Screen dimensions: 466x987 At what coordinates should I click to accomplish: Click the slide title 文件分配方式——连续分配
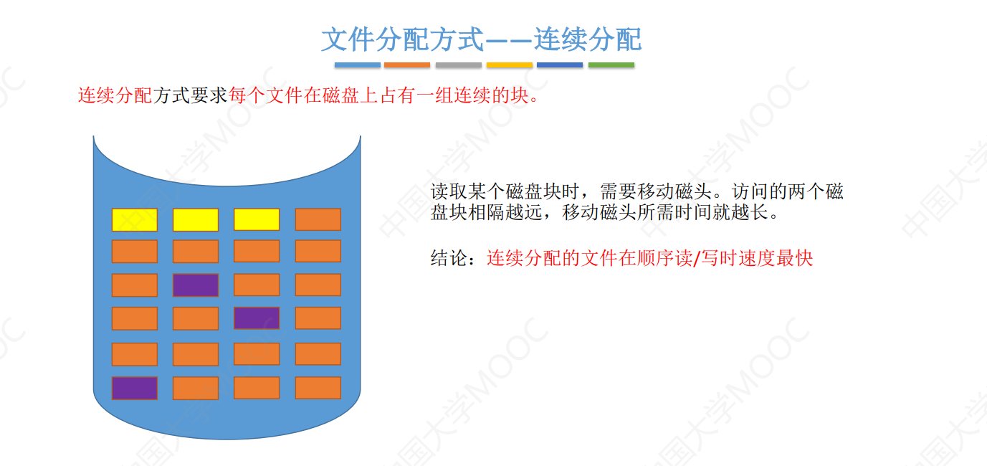(481, 39)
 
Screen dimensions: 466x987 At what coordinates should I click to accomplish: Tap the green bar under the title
(611, 65)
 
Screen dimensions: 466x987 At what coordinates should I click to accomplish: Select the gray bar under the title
(458, 65)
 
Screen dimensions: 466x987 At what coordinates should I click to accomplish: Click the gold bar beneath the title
(509, 65)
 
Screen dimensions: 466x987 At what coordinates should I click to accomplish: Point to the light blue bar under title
(357, 65)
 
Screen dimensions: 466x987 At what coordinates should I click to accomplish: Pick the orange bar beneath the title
(407, 65)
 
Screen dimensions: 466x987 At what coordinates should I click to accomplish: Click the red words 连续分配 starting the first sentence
(115, 95)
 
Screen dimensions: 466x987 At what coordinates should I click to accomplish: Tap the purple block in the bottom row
(134, 388)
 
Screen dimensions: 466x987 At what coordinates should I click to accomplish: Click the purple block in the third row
(196, 285)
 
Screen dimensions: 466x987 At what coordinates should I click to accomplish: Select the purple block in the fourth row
(257, 318)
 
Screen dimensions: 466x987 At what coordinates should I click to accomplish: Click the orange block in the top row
(318, 219)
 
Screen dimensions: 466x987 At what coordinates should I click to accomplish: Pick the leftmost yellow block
(134, 219)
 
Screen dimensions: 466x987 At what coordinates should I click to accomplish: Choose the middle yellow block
(196, 219)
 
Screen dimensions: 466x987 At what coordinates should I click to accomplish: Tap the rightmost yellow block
(257, 219)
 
